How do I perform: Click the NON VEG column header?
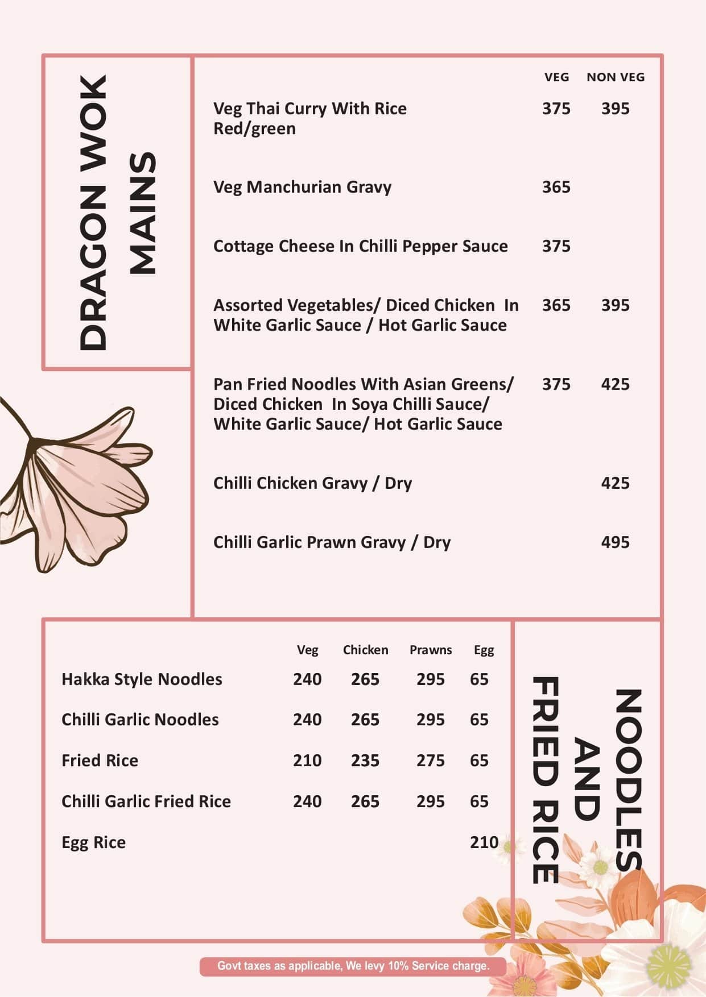(x=616, y=77)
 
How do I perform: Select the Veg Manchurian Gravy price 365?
(x=556, y=187)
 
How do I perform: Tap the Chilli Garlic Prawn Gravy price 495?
(x=615, y=542)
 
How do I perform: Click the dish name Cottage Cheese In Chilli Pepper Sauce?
(x=360, y=246)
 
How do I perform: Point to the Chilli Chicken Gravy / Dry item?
(x=312, y=483)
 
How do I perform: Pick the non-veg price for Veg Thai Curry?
(x=615, y=109)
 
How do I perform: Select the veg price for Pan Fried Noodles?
(x=556, y=384)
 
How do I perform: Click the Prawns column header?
(x=431, y=650)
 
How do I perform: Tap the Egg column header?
(x=484, y=650)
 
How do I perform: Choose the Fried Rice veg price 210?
(x=307, y=761)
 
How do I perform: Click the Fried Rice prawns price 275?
(x=430, y=761)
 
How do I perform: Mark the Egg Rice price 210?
(x=484, y=842)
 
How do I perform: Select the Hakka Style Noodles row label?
(x=142, y=679)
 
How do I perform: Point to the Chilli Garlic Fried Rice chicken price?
(x=365, y=801)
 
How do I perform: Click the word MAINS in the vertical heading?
(x=141, y=213)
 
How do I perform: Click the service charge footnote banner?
(x=353, y=966)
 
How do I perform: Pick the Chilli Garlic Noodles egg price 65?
(x=479, y=720)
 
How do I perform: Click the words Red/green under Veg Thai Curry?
(x=254, y=129)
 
